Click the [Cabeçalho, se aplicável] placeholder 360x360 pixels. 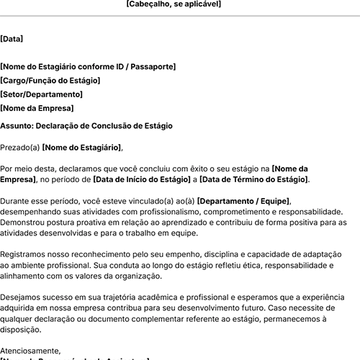174,4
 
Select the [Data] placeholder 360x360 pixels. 12,39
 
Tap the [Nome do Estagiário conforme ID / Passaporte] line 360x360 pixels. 88,67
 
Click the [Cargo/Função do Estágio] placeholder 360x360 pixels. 50,81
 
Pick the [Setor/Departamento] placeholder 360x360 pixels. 42,94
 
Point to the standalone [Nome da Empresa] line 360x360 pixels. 37,108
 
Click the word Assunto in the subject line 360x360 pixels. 15,125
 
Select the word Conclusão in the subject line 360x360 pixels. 104,125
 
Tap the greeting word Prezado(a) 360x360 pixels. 20,148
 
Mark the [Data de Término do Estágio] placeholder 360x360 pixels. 254,179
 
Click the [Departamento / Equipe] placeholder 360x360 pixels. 243,201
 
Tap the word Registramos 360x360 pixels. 25,255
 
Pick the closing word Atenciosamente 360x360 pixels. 31,351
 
